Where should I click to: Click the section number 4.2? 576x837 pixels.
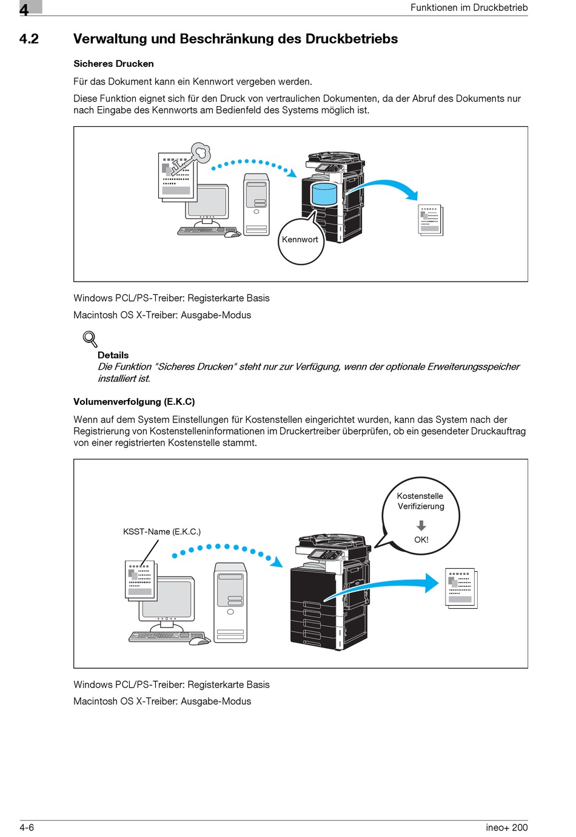[29, 39]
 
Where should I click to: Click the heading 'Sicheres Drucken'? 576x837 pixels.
[113, 64]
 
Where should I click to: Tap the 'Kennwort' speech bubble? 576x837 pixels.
[300, 241]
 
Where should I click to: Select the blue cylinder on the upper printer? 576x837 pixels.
[324, 194]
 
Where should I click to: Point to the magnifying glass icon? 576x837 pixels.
[90, 339]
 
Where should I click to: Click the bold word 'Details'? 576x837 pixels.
[113, 355]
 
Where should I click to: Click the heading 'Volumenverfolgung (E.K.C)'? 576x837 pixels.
[134, 402]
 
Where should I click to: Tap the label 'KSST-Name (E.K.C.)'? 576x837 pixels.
[161, 532]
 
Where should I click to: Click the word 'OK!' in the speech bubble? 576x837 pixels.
[421, 540]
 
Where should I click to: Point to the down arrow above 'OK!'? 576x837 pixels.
[421, 525]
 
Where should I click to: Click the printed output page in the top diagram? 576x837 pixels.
[431, 220]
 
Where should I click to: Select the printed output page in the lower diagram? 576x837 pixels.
[461, 588]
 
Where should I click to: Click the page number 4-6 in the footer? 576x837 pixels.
[27, 827]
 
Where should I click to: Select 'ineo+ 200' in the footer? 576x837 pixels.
[506, 827]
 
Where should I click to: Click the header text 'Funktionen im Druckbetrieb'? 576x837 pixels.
[469, 8]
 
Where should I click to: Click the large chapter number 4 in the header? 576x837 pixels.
[24, 9]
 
